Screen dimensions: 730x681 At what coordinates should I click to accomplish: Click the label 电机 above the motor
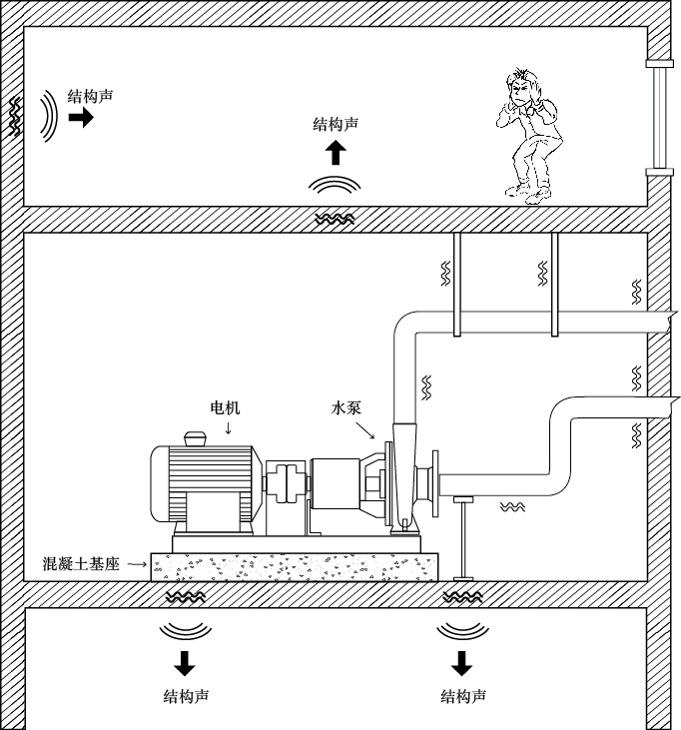pyautogui.click(x=225, y=407)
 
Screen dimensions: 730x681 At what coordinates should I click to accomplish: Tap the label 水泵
pyautogui.click(x=346, y=407)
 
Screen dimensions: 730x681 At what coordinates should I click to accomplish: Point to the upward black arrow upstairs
pyautogui.click(x=336, y=153)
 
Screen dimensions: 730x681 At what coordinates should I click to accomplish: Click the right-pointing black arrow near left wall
pyautogui.click(x=81, y=118)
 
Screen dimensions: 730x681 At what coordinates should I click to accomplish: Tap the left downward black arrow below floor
pyautogui.click(x=185, y=662)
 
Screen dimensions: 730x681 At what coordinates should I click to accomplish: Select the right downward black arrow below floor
pyautogui.click(x=461, y=662)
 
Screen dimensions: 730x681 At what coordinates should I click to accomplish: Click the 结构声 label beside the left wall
pyautogui.click(x=90, y=97)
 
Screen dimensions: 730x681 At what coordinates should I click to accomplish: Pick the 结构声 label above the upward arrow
pyautogui.click(x=336, y=124)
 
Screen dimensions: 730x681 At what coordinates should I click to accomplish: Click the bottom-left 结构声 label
pyautogui.click(x=186, y=696)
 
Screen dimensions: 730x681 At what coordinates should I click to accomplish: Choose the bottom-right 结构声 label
pyautogui.click(x=463, y=696)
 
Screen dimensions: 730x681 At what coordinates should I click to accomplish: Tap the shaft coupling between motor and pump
pyautogui.click(x=286, y=481)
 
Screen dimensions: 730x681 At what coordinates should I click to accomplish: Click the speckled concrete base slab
pyautogui.click(x=295, y=567)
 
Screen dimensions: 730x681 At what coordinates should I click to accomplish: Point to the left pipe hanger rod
pyautogui.click(x=456, y=285)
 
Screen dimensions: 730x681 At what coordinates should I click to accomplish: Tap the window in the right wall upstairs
pyautogui.click(x=659, y=118)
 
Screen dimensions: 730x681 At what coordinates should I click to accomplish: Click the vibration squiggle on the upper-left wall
pyautogui.click(x=16, y=118)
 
